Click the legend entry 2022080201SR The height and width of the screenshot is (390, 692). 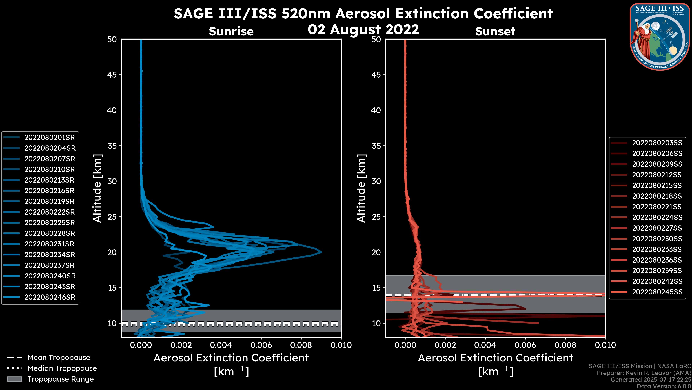click(x=50, y=138)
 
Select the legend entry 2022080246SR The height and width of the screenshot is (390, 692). click(x=50, y=297)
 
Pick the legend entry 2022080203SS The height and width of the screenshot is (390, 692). click(x=657, y=143)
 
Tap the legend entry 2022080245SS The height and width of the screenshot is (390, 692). click(x=657, y=292)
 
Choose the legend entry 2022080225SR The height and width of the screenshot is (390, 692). click(x=50, y=223)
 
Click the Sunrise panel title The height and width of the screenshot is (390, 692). click(x=231, y=31)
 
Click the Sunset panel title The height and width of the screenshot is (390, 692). click(x=495, y=31)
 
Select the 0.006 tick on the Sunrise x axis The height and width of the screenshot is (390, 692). click(x=261, y=345)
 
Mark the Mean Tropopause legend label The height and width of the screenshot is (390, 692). click(x=59, y=358)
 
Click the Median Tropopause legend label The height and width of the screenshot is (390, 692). click(x=62, y=369)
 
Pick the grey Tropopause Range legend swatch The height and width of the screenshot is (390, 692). click(x=14, y=379)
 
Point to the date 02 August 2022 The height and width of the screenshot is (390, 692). click(x=363, y=30)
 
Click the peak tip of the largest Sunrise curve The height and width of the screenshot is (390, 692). click(x=321, y=252)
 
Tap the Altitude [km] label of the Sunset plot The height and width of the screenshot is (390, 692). click(x=361, y=188)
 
